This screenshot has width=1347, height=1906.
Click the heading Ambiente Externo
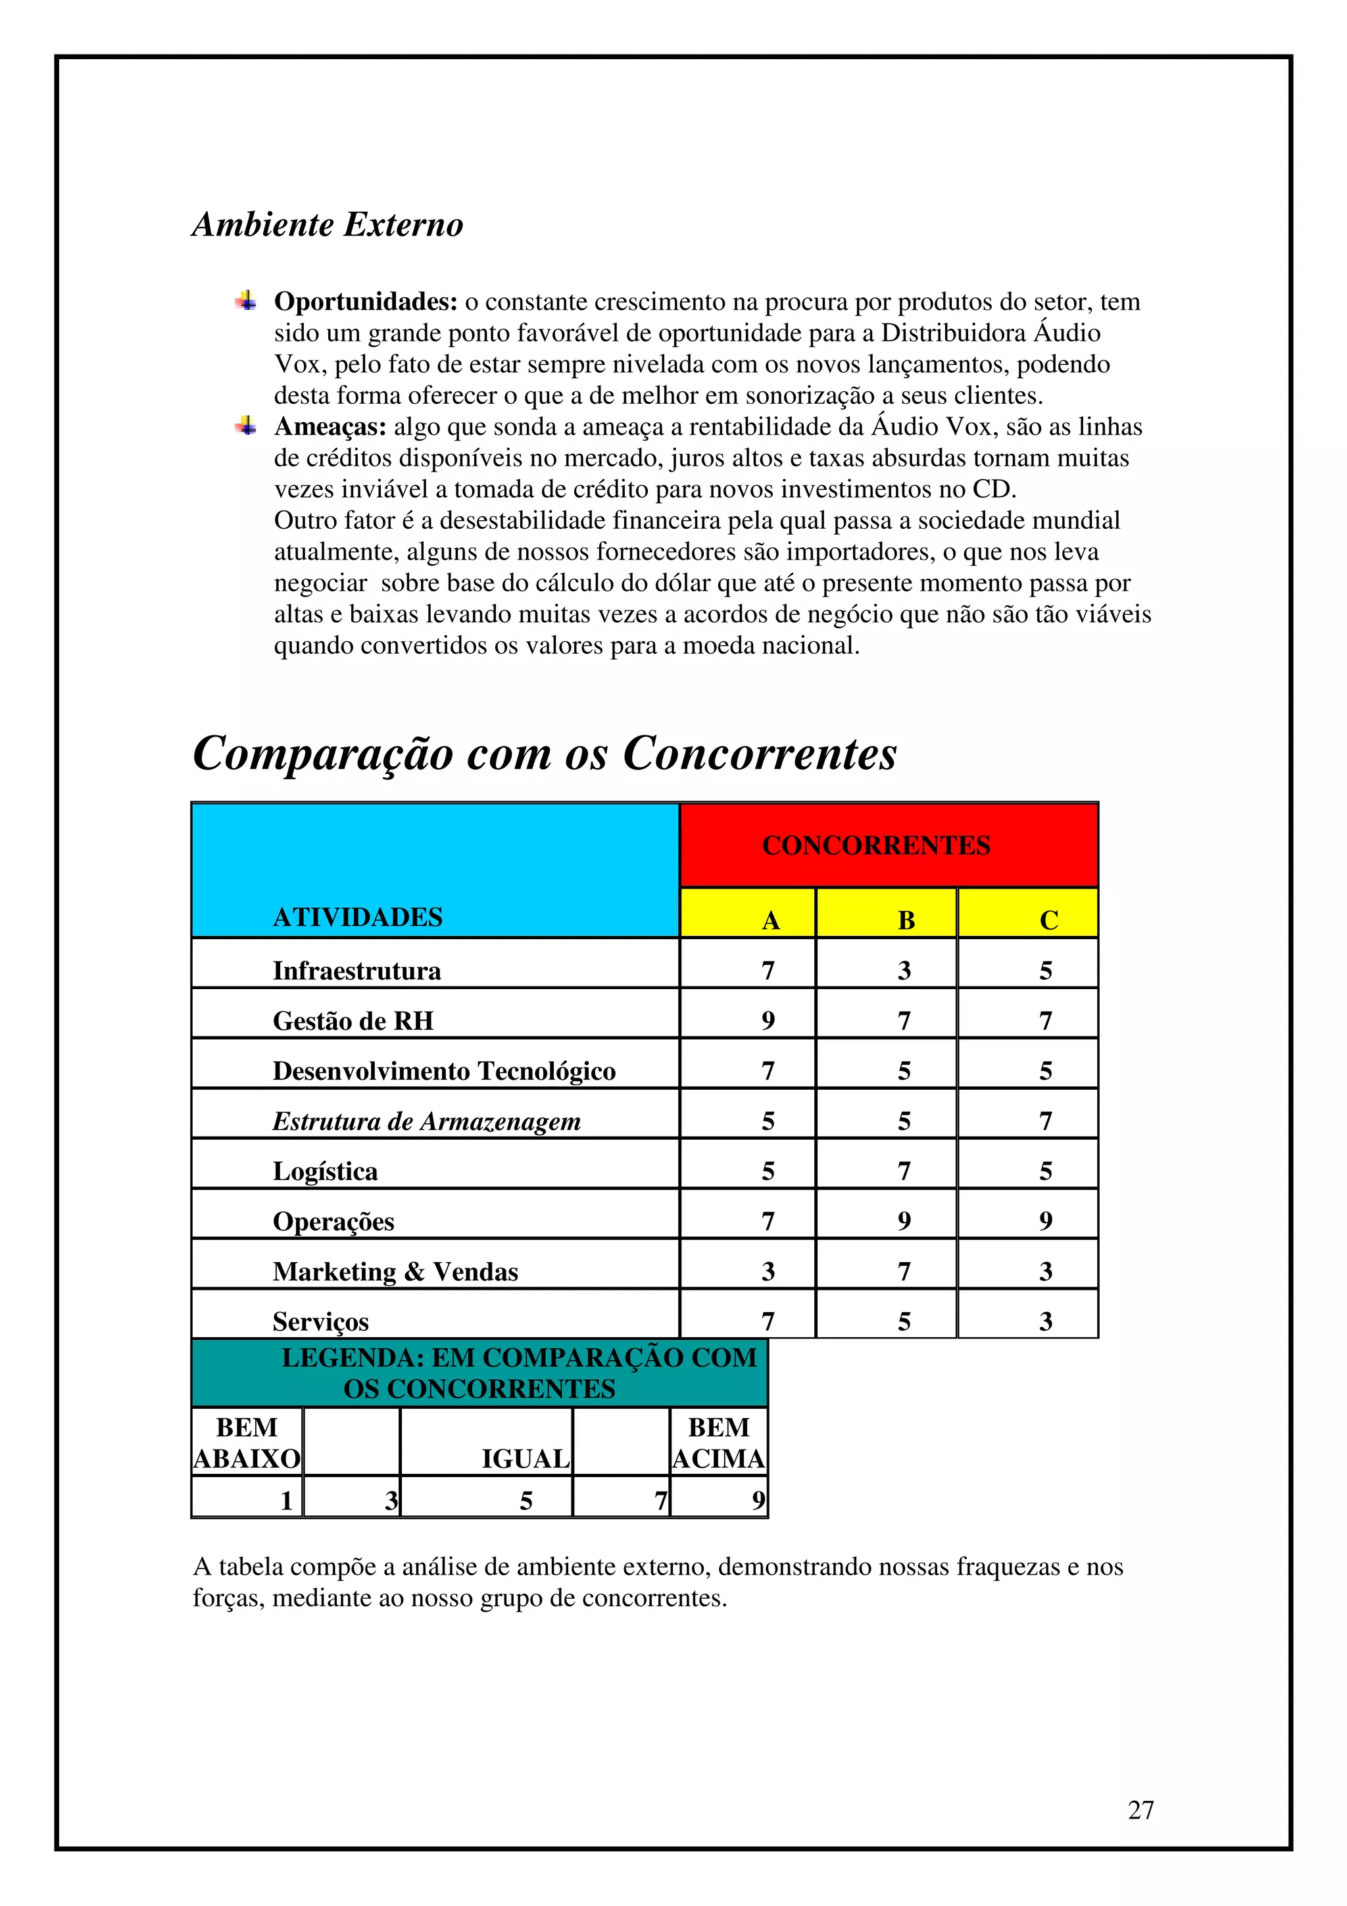point(327,224)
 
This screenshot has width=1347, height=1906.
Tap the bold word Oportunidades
point(365,301)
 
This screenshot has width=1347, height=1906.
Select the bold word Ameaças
point(330,427)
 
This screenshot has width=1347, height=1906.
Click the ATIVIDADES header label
point(358,917)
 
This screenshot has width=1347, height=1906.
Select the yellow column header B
point(906,920)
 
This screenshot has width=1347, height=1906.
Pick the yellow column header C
point(1048,920)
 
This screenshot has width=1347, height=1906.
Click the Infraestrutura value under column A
point(768,971)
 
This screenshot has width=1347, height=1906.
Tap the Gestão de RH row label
point(353,1021)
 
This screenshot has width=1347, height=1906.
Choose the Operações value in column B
point(904,1221)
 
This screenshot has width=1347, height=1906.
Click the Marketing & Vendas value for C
point(1046,1271)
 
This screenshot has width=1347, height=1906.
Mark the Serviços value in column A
point(768,1321)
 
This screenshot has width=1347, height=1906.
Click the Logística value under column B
point(904,1171)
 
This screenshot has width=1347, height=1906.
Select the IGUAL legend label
point(526,1459)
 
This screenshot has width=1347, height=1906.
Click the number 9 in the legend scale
point(757,1501)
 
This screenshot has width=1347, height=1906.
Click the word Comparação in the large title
point(323,754)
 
